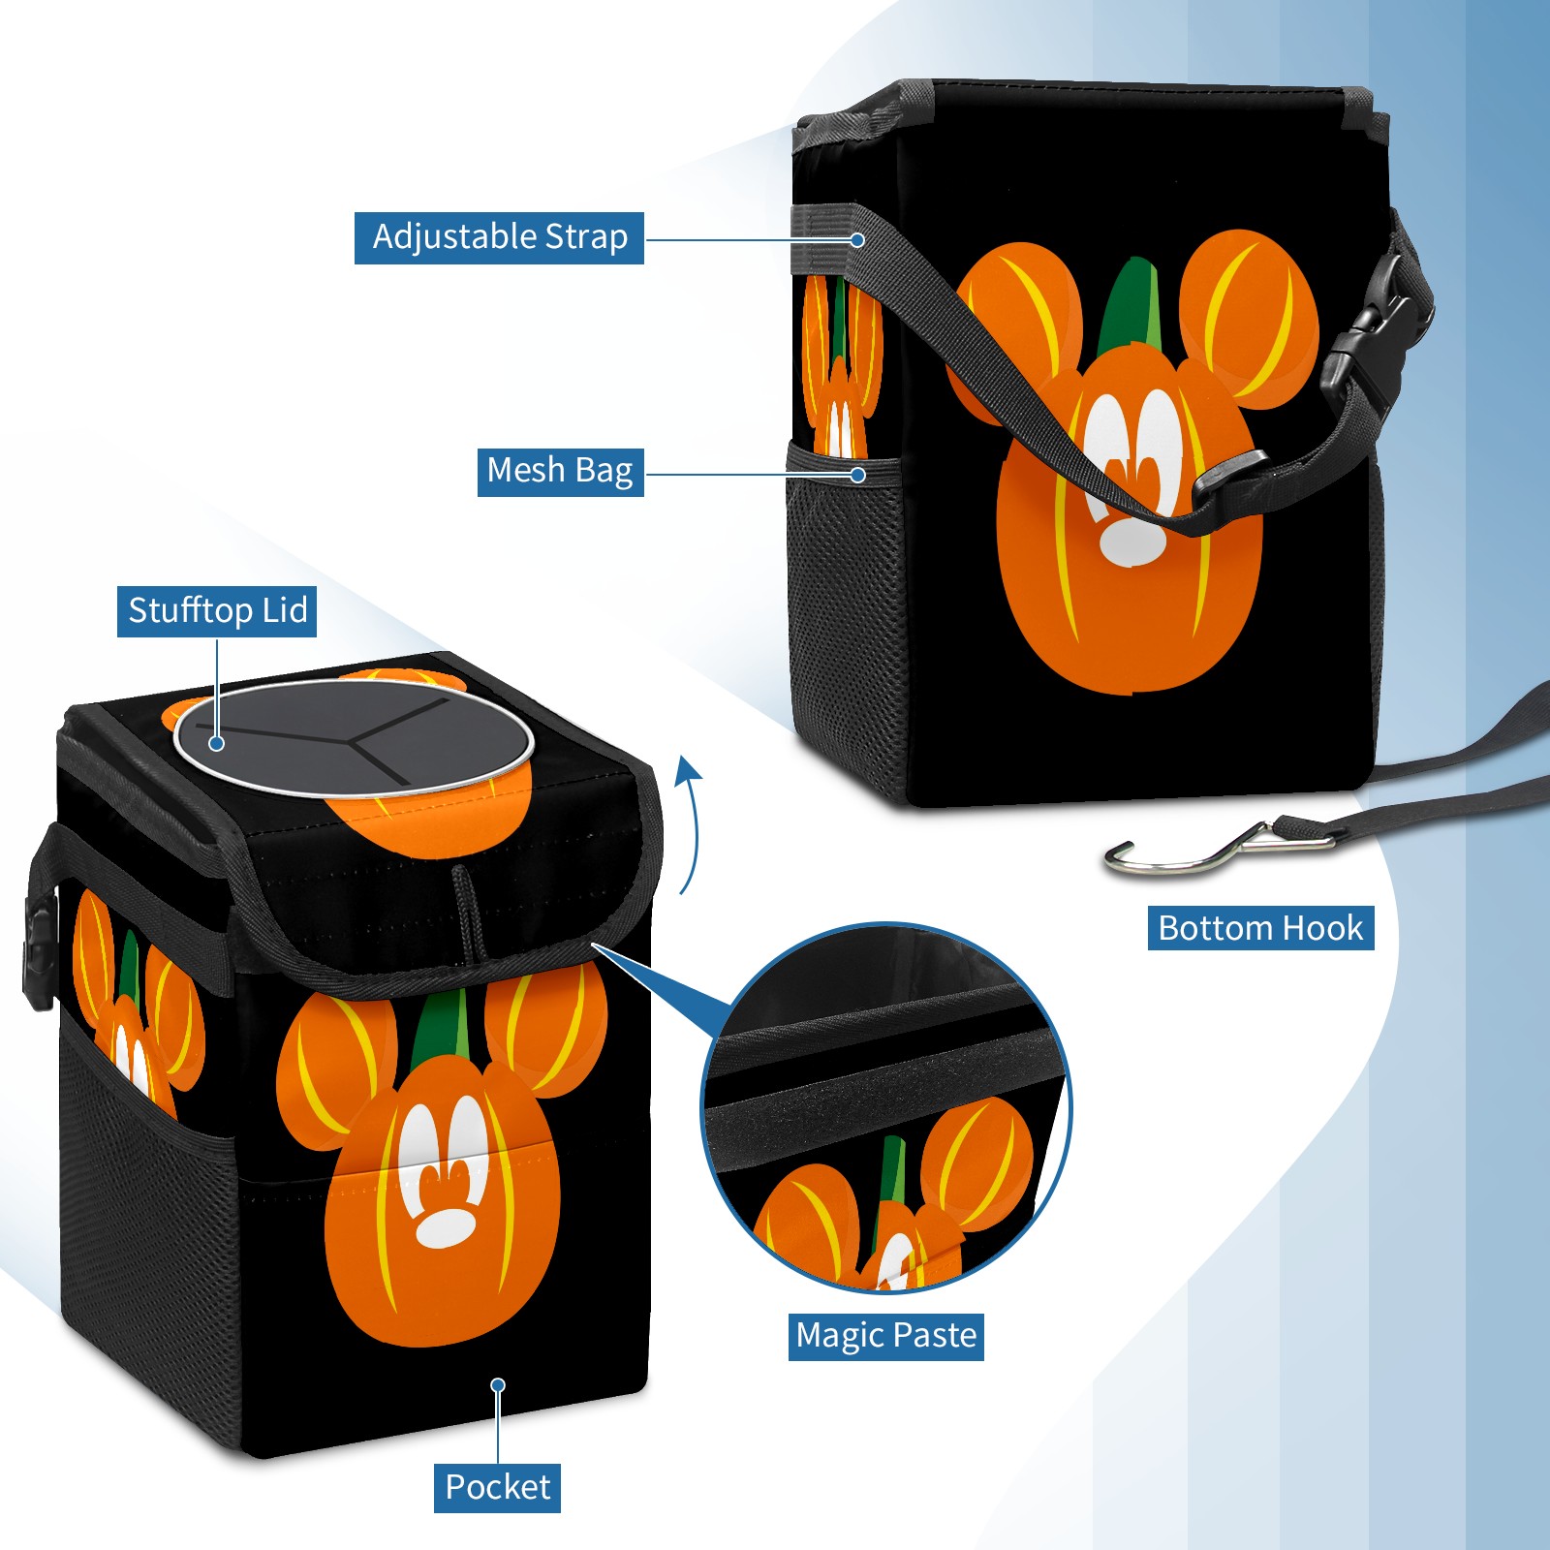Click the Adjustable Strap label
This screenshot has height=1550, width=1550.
point(499,237)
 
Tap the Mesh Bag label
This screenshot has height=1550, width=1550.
point(560,471)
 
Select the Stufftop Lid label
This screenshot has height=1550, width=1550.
point(217,611)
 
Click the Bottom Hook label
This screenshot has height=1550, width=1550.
point(1260,928)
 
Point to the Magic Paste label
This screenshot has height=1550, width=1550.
point(885,1336)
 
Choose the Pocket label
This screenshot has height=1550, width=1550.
point(497,1487)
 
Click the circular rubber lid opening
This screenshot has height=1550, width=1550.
point(354,738)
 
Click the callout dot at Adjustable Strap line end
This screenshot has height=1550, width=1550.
point(857,239)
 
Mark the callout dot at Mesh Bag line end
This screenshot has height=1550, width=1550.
point(857,475)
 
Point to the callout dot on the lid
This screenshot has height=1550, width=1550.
point(217,743)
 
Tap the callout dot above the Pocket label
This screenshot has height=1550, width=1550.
point(498,1385)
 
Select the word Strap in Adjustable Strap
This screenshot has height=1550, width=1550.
point(586,237)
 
